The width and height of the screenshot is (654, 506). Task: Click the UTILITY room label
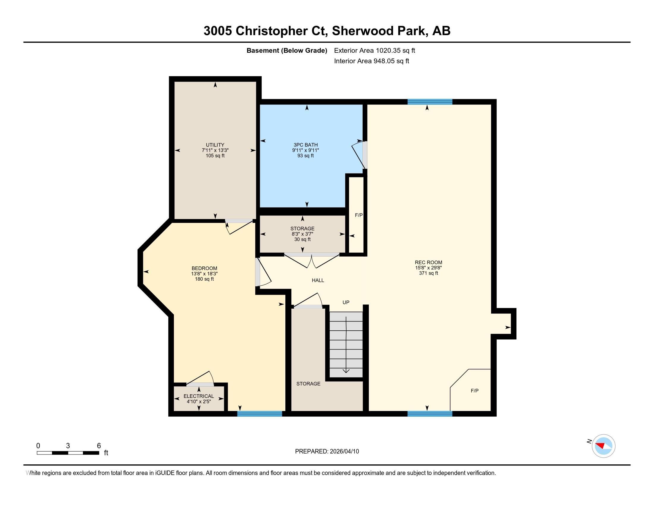point(215,145)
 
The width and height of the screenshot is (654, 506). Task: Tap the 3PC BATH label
point(305,145)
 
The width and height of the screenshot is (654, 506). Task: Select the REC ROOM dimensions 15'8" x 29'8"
point(428,268)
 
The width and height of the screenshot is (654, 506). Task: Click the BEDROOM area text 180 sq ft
point(204,279)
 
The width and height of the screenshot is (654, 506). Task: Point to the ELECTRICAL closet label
point(199,396)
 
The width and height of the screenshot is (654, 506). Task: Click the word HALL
point(318,280)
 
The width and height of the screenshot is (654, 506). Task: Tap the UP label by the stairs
point(346,302)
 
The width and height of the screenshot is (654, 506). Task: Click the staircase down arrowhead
point(346,371)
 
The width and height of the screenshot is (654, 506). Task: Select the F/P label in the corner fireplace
point(475,391)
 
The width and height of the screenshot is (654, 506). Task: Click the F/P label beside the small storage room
point(359,215)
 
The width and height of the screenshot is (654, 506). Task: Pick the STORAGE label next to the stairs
point(309,384)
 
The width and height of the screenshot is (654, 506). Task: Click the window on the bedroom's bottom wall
point(260,414)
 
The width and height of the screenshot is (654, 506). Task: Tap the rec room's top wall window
point(430,102)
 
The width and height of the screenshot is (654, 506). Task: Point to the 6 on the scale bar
point(99,446)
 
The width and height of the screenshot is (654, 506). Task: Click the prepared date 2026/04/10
point(344,452)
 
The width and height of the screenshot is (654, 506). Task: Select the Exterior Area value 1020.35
point(388,50)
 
